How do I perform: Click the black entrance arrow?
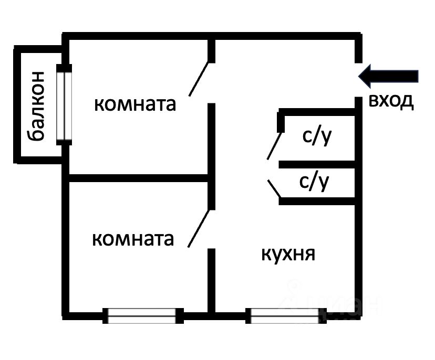389,76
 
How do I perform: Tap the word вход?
391,101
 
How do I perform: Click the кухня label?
288,255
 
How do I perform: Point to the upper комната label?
134,104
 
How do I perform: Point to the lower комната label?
132,239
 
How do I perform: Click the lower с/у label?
314,182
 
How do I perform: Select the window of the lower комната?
142,315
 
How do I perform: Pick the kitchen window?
284,315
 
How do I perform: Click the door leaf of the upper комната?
200,79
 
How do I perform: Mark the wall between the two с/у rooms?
318,164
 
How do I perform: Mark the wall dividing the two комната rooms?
139,178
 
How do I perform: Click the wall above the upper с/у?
318,112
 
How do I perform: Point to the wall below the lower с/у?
318,200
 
